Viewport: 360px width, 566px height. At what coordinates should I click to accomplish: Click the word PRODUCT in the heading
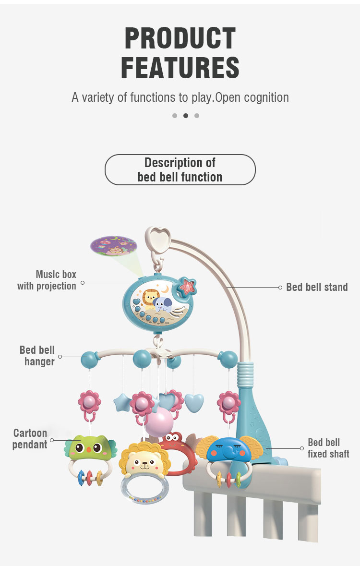click(180, 38)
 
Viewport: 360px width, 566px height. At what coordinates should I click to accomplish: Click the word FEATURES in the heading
click(180, 68)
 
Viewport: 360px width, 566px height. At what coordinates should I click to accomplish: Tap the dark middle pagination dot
click(186, 116)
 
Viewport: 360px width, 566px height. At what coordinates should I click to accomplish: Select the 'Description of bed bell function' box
click(180, 169)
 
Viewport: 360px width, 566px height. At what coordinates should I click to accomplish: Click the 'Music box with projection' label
click(47, 280)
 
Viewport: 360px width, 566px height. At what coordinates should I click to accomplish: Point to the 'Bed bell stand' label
click(317, 287)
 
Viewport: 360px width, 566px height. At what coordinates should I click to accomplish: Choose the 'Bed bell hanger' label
click(37, 356)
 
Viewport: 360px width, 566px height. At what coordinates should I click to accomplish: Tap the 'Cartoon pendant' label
click(30, 439)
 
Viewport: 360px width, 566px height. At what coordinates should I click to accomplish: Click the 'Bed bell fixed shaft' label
click(328, 448)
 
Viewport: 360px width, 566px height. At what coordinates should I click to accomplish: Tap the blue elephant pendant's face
click(229, 450)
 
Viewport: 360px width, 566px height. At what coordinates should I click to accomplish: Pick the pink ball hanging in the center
click(159, 422)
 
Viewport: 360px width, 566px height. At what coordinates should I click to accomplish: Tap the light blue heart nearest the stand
click(194, 403)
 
